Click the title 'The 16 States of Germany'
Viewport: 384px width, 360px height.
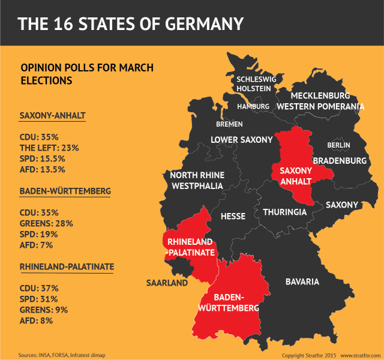(130, 23)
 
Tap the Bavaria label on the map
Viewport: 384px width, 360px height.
(302, 281)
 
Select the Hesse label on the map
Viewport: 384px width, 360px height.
(233, 216)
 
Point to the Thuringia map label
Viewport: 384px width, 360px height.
(284, 212)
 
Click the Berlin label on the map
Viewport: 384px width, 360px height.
(338, 145)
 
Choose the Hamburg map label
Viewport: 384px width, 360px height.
(253, 107)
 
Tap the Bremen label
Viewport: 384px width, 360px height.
(230, 124)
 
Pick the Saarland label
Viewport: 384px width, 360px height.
(167, 283)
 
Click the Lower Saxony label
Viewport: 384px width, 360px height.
(241, 140)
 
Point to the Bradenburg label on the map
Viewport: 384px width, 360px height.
(340, 161)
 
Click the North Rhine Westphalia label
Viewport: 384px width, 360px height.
(197, 181)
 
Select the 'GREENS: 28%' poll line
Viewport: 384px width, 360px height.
(46, 223)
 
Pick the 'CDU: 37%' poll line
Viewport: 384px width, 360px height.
(38, 288)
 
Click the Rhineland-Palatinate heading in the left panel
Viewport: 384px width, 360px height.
(67, 266)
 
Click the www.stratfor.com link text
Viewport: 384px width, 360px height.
(359, 355)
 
